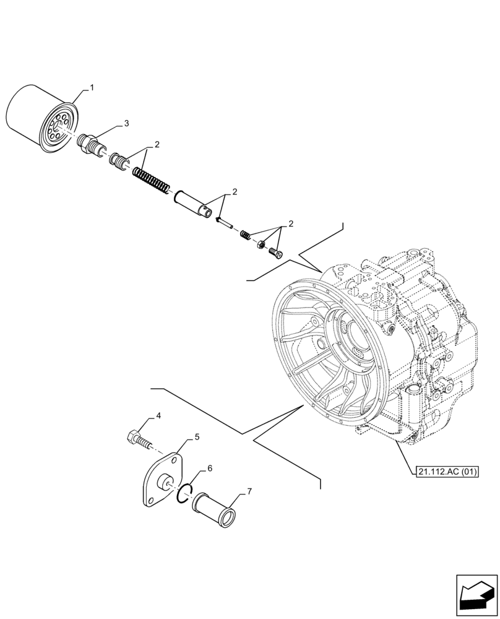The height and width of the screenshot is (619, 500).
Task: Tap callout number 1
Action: (x=92, y=89)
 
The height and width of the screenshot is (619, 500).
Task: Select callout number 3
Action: (x=126, y=124)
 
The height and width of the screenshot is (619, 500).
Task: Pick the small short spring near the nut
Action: (x=245, y=234)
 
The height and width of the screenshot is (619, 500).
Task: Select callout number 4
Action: (x=158, y=417)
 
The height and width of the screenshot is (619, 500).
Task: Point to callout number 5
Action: (x=197, y=437)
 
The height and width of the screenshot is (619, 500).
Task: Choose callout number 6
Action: (x=210, y=469)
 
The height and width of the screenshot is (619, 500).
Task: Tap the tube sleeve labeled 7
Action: (x=212, y=507)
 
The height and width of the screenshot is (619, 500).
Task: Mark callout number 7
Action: (x=249, y=491)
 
